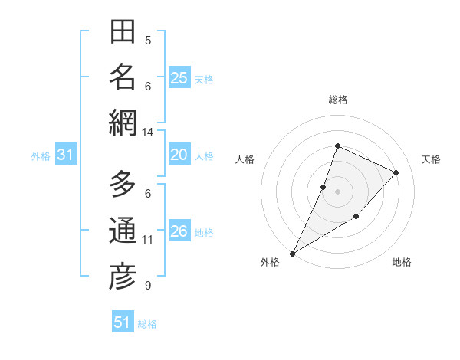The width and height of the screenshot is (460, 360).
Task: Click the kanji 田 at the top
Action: [x=123, y=32]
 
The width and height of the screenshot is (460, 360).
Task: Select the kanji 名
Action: [x=123, y=77]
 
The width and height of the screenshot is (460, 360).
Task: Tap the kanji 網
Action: [x=123, y=123]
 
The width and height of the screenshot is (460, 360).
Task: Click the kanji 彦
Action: [x=123, y=277]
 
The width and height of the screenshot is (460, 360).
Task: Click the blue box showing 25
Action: [x=179, y=78]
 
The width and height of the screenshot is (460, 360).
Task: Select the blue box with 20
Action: [x=179, y=155]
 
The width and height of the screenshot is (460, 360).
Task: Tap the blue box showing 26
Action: [x=179, y=232]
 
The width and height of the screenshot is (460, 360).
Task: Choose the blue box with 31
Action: [x=65, y=155]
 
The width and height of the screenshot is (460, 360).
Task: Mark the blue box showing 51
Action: [x=122, y=322]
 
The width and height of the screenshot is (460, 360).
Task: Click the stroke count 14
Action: [x=147, y=133]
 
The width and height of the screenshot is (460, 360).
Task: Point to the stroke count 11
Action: [x=147, y=240]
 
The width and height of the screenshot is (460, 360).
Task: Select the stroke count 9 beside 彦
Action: [x=147, y=286]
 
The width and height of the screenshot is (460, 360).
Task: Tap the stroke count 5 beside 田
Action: [x=147, y=41]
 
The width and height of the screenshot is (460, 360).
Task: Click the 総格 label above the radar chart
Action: [x=337, y=100]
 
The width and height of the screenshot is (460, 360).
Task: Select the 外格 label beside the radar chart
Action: [x=270, y=263]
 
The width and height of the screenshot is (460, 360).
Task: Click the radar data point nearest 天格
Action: [x=396, y=173]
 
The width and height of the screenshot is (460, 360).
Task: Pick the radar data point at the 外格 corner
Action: [x=292, y=253]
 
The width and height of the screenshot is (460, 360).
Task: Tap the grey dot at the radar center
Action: [x=337, y=191]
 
